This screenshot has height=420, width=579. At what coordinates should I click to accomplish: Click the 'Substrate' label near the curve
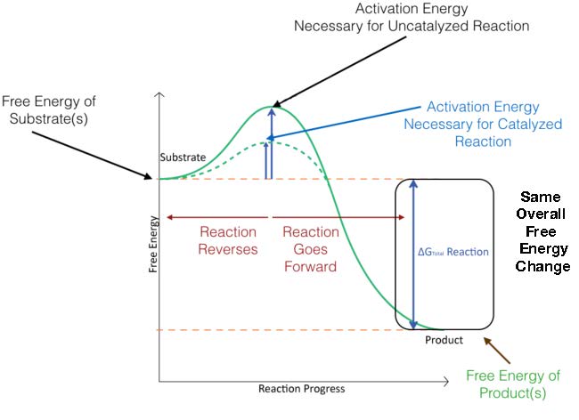coord(183,157)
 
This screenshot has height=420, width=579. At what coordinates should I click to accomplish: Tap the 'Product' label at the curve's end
coord(444,340)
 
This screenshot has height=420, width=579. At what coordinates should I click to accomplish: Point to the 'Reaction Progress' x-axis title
coord(301,389)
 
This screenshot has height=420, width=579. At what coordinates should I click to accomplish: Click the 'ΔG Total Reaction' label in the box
coord(453,252)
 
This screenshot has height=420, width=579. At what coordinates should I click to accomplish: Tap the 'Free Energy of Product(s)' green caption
coord(512,383)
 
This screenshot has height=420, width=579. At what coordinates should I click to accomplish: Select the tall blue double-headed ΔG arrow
coord(413,254)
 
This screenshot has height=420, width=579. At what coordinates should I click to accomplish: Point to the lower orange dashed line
coord(267,330)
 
